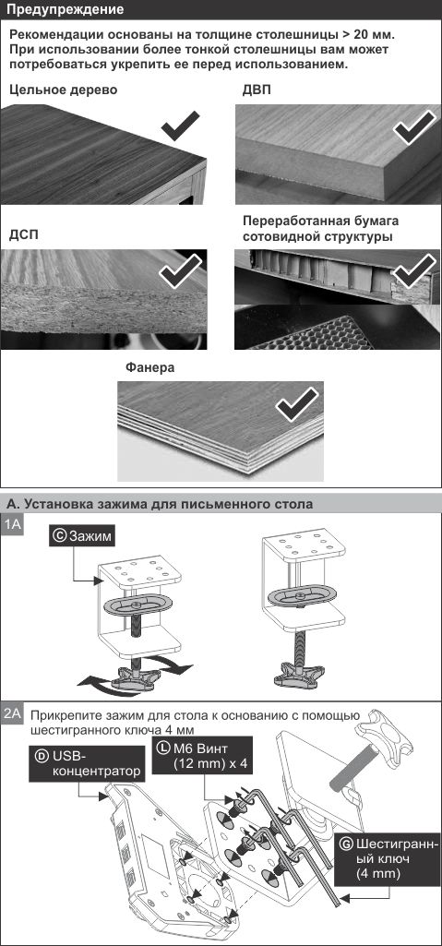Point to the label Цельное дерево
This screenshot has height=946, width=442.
pos(64,90)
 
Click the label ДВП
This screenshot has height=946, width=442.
pos(257,90)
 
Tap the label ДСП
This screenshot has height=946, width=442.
pos(23,234)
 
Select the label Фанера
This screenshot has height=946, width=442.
pos(150,367)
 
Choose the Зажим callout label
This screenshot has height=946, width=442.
pos(83,535)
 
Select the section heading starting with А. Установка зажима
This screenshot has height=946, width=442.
pos(160,504)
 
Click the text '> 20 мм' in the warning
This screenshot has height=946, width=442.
pos(368,34)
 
